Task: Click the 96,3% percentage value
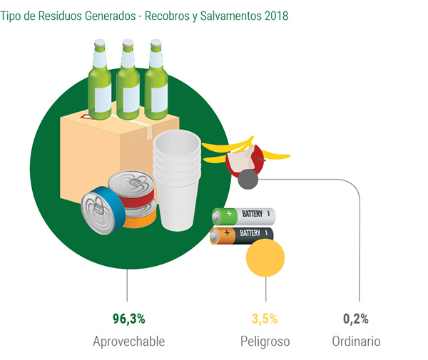click(x=129, y=319)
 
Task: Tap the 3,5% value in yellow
click(x=265, y=319)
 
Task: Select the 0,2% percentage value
click(x=356, y=319)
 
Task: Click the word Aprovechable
click(x=129, y=341)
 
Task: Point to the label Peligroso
click(x=265, y=341)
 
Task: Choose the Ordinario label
click(x=356, y=341)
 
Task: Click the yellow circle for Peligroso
click(x=265, y=258)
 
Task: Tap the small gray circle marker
click(x=248, y=179)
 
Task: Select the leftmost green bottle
click(x=100, y=80)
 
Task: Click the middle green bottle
click(x=128, y=80)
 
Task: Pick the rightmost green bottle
click(x=156, y=80)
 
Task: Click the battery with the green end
click(x=244, y=216)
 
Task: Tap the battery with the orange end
click(x=242, y=236)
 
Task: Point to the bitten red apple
click(x=245, y=160)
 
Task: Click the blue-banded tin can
click(x=103, y=211)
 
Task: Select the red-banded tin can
click(x=131, y=189)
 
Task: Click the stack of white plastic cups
click(x=177, y=180)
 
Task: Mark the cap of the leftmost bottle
click(x=100, y=43)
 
